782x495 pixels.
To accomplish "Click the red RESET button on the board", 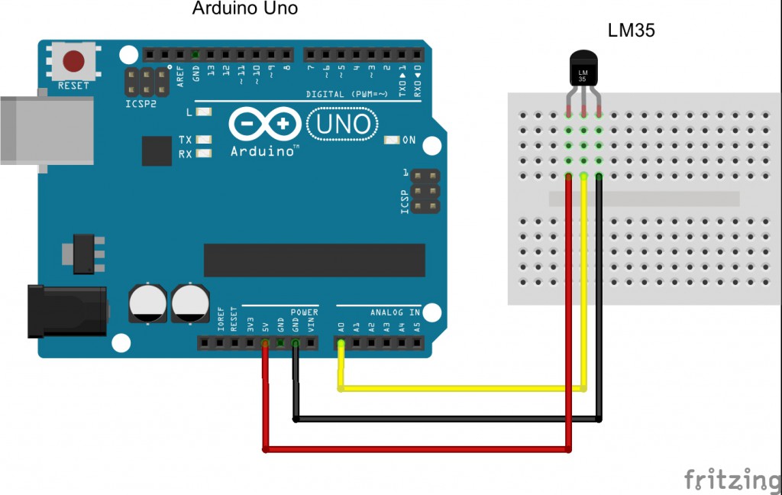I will [73, 60].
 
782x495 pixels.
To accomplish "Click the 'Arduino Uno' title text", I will [244, 9].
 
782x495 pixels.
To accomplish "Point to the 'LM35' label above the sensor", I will [631, 31].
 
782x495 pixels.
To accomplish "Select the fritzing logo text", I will [732, 479].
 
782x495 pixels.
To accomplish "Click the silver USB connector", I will [46, 130].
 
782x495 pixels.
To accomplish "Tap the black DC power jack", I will [67, 311].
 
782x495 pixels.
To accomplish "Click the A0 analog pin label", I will [341, 327].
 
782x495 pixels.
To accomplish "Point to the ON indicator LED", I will [393, 140].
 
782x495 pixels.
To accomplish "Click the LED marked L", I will [203, 112].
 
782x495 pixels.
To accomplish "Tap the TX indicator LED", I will [203, 140].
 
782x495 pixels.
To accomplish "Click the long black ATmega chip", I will [314, 260].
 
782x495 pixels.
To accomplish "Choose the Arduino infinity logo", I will [264, 124].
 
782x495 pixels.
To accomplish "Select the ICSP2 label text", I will [141, 102].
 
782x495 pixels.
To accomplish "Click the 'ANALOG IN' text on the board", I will [395, 312].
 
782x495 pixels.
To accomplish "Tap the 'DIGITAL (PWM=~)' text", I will [347, 94].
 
